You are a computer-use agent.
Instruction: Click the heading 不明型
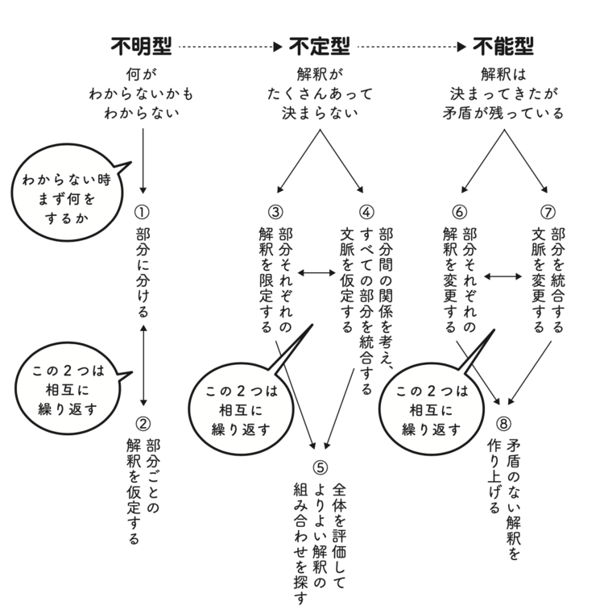pyautogui.click(x=141, y=47)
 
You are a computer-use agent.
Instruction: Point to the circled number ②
pyautogui.click(x=143, y=423)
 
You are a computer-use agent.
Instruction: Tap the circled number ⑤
pyautogui.click(x=321, y=467)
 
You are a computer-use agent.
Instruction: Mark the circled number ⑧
pyautogui.click(x=504, y=423)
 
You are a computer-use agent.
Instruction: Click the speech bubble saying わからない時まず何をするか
pyautogui.click(x=68, y=197)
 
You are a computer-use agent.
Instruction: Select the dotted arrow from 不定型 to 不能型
pyautogui.click(x=412, y=48)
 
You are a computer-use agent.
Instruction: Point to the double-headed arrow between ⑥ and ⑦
pyautogui.click(x=503, y=275)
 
